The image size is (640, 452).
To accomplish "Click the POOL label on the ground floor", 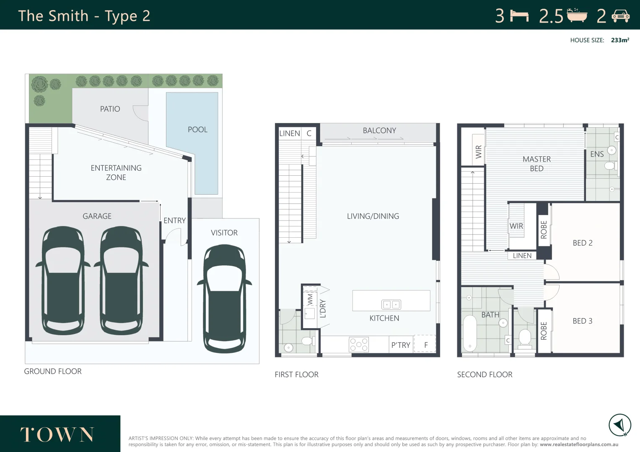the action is [197, 130].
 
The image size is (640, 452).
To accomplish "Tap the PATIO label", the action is [110, 109].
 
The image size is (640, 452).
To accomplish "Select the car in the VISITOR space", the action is [225, 299].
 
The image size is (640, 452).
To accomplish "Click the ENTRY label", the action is [175, 221].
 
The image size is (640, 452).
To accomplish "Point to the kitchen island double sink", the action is [391, 305].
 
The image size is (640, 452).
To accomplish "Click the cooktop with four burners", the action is [359, 344].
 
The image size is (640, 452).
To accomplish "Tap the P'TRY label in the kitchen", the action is [401, 345].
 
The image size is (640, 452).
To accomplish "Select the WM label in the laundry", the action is [310, 299].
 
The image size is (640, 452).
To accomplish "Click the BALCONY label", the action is [379, 131].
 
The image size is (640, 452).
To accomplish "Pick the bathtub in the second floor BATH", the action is [470, 333].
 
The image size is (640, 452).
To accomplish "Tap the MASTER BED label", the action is [536, 164].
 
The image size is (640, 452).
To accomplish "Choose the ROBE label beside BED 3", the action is [544, 331].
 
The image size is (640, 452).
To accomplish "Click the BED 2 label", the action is [583, 243].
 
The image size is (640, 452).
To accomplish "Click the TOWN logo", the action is [57, 434].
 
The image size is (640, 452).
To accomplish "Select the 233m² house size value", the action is [620, 40].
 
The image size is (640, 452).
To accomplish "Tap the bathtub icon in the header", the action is [577, 15].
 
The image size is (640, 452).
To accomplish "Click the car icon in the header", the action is [621, 16].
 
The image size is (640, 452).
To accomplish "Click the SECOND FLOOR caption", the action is [485, 375].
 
